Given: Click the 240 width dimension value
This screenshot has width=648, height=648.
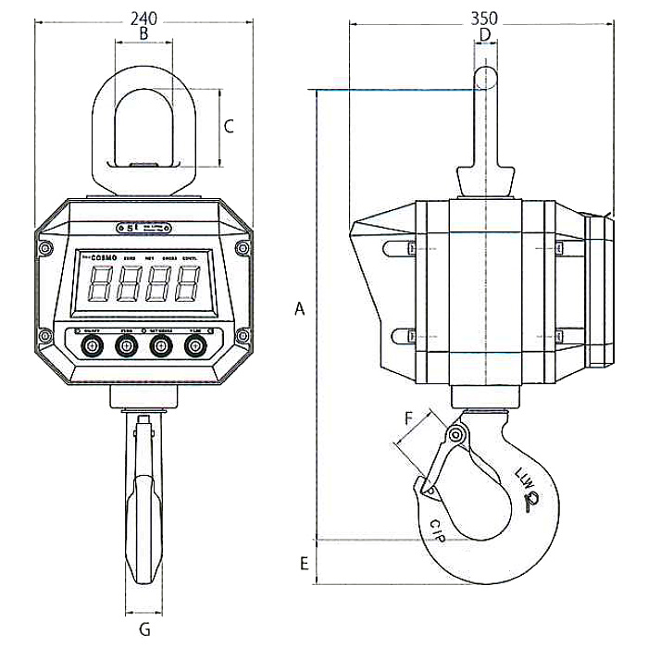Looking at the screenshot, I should coord(143,17).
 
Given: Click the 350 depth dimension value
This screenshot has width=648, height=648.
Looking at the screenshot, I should coord(484,17).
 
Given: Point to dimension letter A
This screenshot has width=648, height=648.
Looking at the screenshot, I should coord(299,308).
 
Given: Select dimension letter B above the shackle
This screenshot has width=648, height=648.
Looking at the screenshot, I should coord(143,33).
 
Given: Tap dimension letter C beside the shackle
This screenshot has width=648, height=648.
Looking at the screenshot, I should coord(229,127).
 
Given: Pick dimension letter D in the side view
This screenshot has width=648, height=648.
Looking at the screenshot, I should coord(484,35).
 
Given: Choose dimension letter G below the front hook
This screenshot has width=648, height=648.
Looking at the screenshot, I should coord(143,629).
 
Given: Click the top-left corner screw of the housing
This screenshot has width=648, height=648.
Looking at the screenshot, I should coord(44,247).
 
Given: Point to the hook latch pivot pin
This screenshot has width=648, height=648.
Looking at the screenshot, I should coord(455,435).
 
